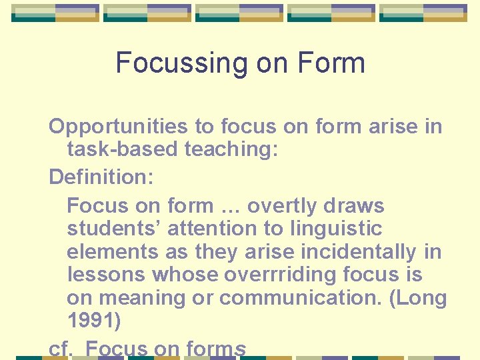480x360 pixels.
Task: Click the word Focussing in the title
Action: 172,64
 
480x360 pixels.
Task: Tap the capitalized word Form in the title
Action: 331,64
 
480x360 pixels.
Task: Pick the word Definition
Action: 101,177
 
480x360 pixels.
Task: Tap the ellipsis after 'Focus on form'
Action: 231,206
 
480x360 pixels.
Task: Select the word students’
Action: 113,229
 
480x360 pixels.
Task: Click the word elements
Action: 109,252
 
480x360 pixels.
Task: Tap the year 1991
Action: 94,321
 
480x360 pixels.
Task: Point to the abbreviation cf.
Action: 61,349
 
